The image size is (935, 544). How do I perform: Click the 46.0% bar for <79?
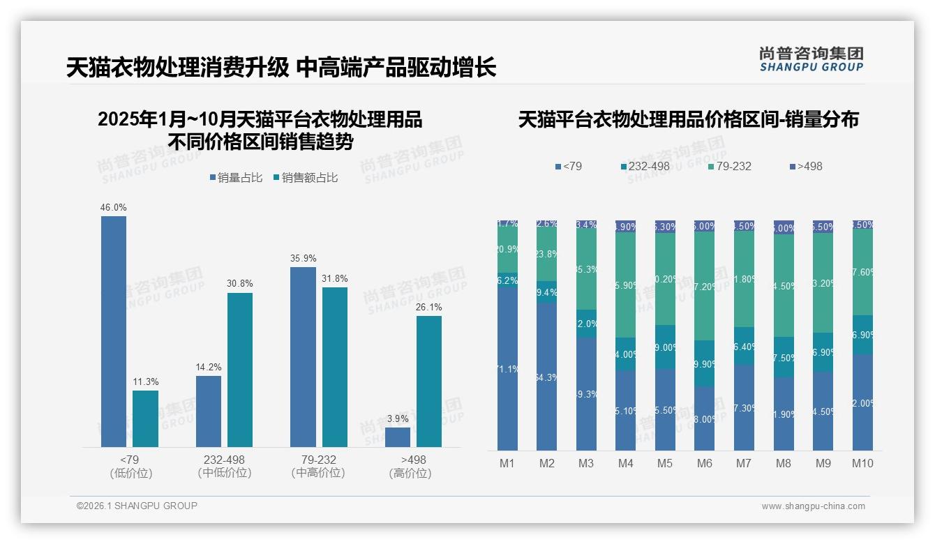click(114, 331)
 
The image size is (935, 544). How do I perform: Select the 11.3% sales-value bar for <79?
click(145, 418)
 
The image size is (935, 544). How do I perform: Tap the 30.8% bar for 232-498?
click(240, 370)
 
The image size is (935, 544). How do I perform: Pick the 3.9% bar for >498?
click(398, 437)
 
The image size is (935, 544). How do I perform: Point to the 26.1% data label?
click(429, 307)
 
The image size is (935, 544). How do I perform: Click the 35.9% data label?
click(303, 258)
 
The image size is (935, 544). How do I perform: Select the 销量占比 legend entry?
click(236, 178)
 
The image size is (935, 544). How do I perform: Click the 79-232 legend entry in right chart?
click(730, 167)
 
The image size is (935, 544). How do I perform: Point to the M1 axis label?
click(507, 463)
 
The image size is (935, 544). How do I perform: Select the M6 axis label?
click(705, 463)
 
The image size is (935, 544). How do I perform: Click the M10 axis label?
click(862, 463)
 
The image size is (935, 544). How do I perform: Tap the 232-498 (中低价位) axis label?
click(224, 466)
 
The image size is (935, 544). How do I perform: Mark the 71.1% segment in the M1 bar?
click(507, 368)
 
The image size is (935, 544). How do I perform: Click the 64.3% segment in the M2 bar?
click(546, 377)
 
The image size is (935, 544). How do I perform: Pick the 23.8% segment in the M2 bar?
click(546, 255)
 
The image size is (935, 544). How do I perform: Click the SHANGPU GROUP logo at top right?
click(811, 59)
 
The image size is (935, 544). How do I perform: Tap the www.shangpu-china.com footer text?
click(813, 506)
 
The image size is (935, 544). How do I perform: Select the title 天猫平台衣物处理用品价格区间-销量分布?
click(688, 120)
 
